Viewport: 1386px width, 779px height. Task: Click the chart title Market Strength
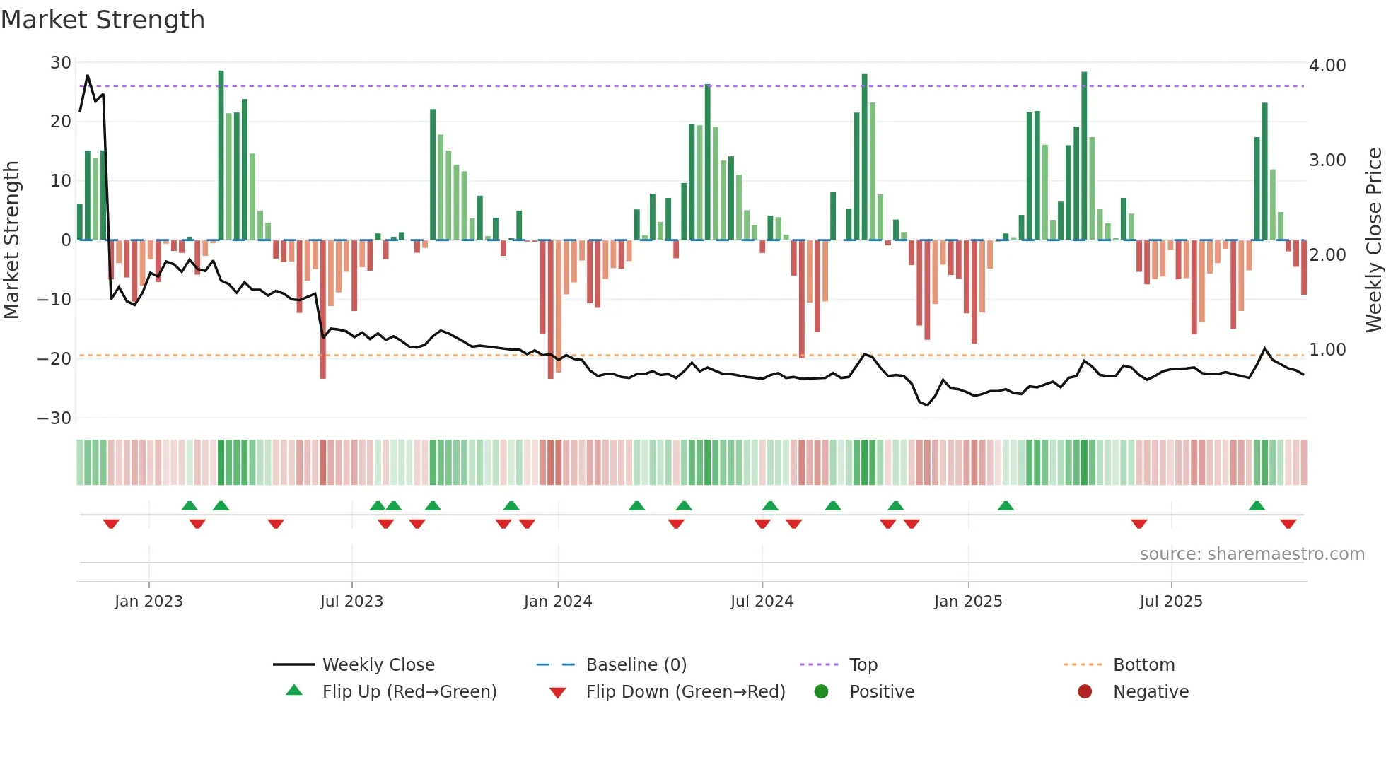tap(103, 20)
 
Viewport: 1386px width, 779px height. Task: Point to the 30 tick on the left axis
tap(61, 63)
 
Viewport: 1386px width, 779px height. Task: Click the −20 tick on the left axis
tap(54, 358)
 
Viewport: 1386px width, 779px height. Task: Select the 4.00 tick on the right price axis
tap(1327, 66)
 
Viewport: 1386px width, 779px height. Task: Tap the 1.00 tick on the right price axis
tap(1327, 350)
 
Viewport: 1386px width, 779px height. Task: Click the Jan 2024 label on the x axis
tap(557, 602)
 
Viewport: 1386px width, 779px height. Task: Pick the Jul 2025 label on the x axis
tap(1170, 602)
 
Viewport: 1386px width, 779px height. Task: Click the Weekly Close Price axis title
tap(1373, 240)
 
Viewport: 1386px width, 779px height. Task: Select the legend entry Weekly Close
tap(378, 665)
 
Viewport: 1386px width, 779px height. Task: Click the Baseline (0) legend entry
tap(636, 665)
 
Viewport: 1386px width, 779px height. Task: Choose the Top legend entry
tap(863, 665)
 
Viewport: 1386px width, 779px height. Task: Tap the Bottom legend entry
tap(1143, 665)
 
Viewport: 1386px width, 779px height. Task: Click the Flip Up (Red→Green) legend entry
tap(409, 692)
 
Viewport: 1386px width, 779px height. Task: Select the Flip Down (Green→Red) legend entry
tap(685, 692)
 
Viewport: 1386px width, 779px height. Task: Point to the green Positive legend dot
tap(821, 691)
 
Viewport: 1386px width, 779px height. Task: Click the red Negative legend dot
tap(1085, 691)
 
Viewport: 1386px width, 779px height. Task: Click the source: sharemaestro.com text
tap(1252, 554)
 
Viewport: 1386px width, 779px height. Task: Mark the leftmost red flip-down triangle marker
tap(111, 524)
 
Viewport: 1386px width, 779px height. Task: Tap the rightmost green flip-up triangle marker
tap(1257, 505)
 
